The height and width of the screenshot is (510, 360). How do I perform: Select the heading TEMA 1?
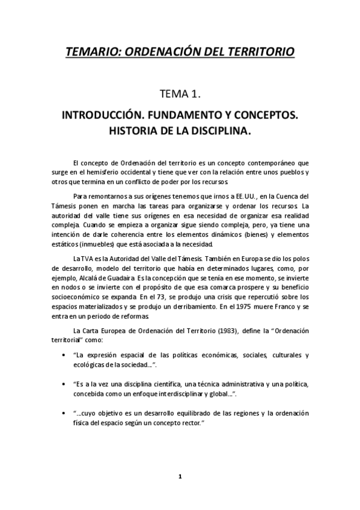click(x=179, y=94)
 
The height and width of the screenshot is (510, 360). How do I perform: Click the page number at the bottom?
click(x=180, y=476)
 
